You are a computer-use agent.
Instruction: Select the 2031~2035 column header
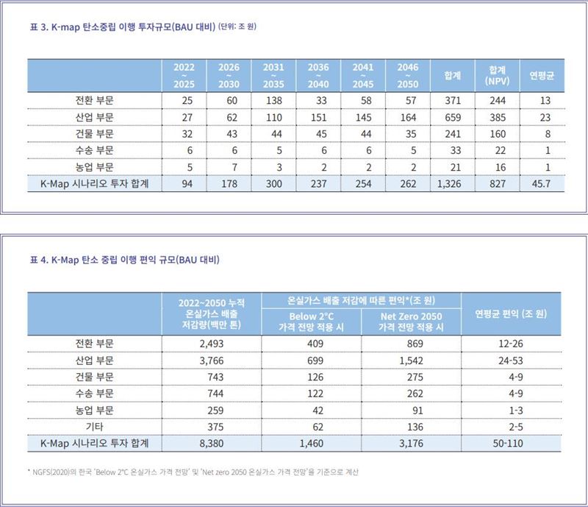(273, 75)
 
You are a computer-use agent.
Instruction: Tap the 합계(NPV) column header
(492, 75)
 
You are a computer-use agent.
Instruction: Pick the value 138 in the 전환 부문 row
(273, 99)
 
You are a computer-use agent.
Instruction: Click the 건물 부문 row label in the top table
(94, 133)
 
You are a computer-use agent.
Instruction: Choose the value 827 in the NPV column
(492, 184)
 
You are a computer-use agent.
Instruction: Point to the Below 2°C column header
(311, 322)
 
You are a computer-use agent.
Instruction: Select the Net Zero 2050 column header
(412, 322)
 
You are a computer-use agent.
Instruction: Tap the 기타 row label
(94, 427)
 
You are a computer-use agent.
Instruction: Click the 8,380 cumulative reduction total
(211, 444)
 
